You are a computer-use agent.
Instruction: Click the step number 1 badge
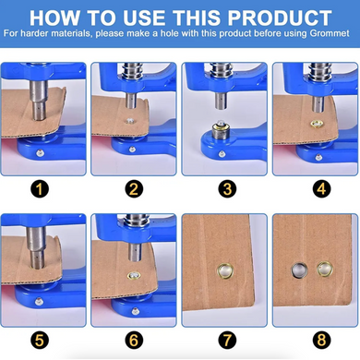pos(40,189)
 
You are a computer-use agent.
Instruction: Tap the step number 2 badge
pos(134,189)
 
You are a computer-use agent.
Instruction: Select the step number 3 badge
pos(227,189)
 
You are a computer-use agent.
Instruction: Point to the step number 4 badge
pos(321,189)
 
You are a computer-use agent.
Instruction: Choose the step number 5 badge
pos(40,341)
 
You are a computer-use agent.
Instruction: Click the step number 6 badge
pos(134,341)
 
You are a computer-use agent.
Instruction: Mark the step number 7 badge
pos(227,341)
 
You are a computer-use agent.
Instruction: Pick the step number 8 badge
pos(321,341)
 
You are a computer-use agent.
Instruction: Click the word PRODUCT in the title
pos(280,18)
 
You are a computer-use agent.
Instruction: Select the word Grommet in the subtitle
pos(330,33)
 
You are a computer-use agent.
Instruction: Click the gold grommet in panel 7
pos(225,270)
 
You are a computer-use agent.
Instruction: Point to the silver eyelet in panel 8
pos(299,270)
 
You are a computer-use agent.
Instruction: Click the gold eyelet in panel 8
pos(325,270)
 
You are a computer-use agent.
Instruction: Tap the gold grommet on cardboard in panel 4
pos(317,124)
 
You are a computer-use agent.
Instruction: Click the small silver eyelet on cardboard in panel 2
pos(130,121)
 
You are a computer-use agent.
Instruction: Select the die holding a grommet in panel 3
pos(220,129)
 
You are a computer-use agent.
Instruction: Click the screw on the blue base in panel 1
pos(40,152)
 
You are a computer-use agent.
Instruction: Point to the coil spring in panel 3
pos(221,70)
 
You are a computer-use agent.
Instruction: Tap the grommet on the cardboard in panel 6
pos(134,275)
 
